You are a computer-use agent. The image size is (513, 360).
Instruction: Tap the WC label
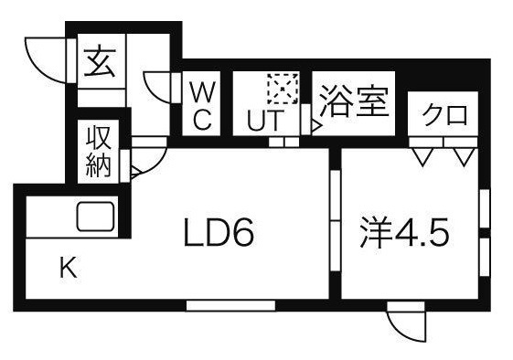(203, 105)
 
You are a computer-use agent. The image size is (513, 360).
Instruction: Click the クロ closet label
(444, 116)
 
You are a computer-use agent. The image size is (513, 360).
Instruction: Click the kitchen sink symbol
(95, 217)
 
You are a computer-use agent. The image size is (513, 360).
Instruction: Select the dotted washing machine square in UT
(279, 89)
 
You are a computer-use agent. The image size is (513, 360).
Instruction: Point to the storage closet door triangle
(134, 169)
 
